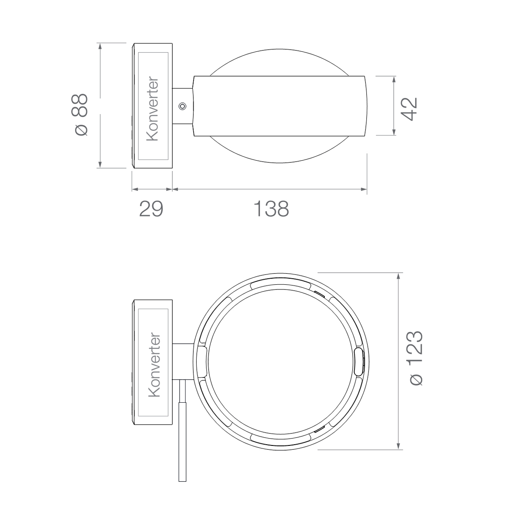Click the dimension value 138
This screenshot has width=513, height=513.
(x=271, y=209)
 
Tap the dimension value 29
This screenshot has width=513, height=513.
(x=151, y=209)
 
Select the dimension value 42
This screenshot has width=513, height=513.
(x=409, y=109)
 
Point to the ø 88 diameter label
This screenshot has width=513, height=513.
(x=80, y=115)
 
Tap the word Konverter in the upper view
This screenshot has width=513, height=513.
(x=153, y=109)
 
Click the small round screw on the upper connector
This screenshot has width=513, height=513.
(x=183, y=106)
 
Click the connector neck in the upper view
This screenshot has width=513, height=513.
(x=183, y=106)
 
